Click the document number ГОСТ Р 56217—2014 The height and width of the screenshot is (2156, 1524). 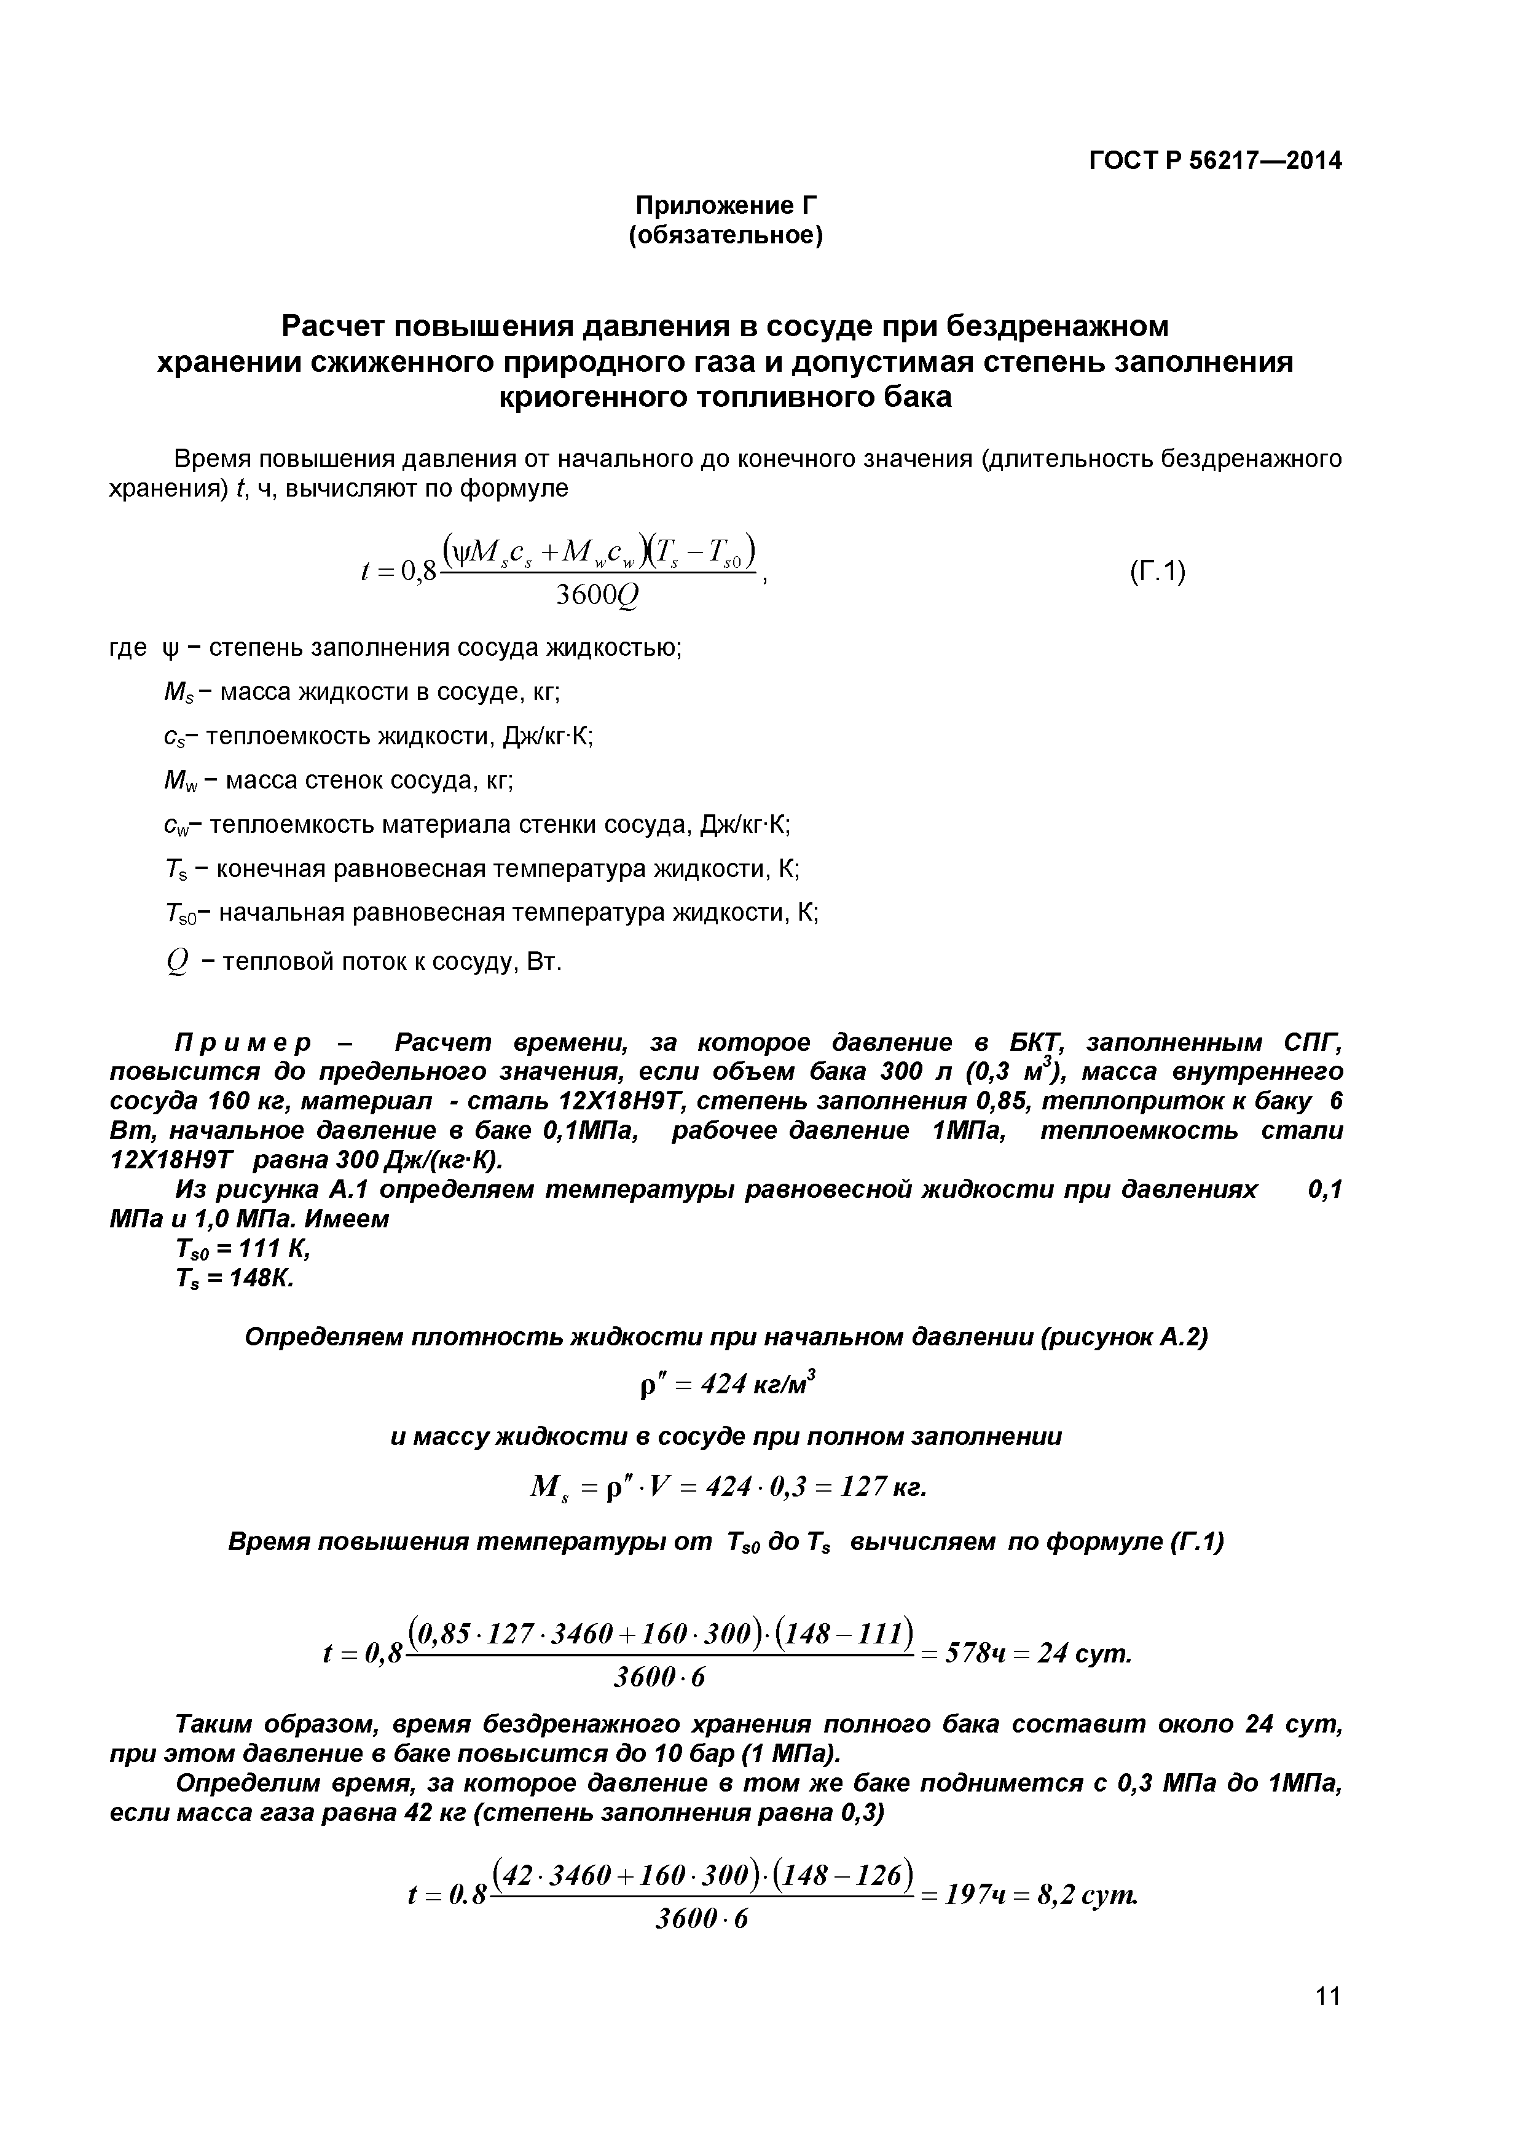tap(1215, 160)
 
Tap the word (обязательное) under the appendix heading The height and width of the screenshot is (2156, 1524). tap(725, 235)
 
